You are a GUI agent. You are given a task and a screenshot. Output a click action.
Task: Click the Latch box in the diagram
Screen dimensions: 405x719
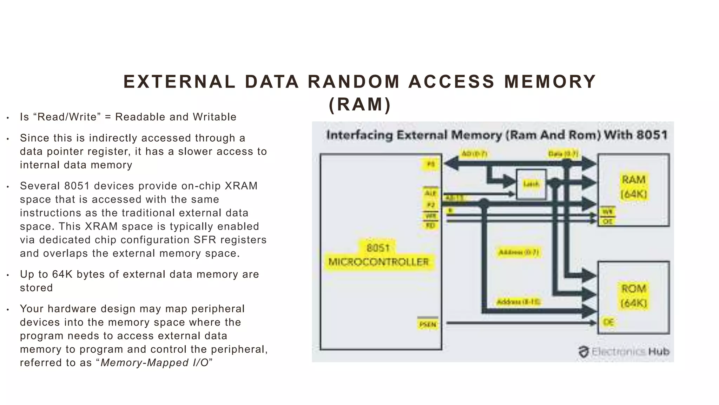click(531, 184)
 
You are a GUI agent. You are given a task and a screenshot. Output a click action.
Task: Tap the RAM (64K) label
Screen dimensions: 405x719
click(634, 187)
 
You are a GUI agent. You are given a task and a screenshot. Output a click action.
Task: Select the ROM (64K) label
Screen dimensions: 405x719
click(634, 296)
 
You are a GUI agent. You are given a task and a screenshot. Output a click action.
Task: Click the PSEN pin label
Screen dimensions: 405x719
click(428, 324)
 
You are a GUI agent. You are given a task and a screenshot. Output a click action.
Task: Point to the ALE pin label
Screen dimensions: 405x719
click(430, 193)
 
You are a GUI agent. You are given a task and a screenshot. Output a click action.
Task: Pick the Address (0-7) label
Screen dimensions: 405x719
click(519, 252)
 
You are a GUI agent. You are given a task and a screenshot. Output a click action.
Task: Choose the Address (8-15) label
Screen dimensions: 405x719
click(518, 302)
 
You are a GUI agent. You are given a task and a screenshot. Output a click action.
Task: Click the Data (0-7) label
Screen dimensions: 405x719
click(563, 154)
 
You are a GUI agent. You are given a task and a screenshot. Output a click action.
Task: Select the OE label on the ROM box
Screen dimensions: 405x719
click(608, 322)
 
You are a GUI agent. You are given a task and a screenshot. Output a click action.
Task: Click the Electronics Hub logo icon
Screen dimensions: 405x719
click(583, 352)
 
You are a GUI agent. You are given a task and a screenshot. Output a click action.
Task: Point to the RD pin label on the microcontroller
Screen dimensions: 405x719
click(430, 225)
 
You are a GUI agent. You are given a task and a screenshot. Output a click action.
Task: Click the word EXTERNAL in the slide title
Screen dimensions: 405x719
click(179, 82)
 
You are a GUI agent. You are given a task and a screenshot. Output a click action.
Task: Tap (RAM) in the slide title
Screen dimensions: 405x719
click(360, 104)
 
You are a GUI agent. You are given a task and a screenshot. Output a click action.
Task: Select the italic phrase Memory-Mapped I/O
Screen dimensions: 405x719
click(154, 363)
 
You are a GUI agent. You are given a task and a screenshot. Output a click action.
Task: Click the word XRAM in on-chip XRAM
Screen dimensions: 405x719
click(241, 186)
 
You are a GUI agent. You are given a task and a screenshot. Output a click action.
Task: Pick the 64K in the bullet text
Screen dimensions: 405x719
click(62, 274)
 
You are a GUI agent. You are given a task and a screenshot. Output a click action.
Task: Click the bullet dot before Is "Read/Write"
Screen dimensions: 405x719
click(8, 118)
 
